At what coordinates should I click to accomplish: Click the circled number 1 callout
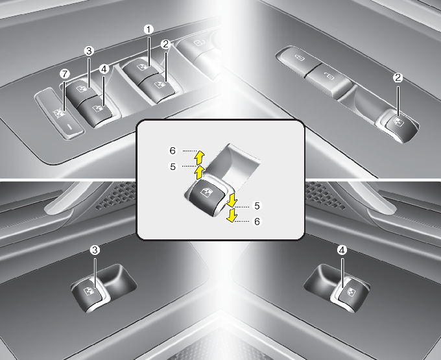(x=149, y=29)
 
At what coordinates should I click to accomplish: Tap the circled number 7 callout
(x=65, y=74)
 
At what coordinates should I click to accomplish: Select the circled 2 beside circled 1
(x=165, y=44)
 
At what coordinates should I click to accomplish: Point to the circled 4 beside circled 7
(x=104, y=69)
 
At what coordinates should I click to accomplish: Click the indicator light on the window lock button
(x=71, y=127)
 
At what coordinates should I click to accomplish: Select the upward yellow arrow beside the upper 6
(x=199, y=158)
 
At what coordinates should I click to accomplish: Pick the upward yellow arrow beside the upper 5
(x=199, y=172)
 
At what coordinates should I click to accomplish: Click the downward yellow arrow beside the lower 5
(x=232, y=201)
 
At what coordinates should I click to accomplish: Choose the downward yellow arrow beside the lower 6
(x=232, y=215)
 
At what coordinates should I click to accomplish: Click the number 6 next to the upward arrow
(x=173, y=150)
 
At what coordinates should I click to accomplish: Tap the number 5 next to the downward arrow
(x=257, y=206)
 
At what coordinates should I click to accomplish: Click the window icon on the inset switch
(x=204, y=193)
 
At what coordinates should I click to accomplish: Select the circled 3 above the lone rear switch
(x=95, y=250)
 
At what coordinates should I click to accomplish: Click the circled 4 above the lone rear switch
(x=342, y=250)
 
